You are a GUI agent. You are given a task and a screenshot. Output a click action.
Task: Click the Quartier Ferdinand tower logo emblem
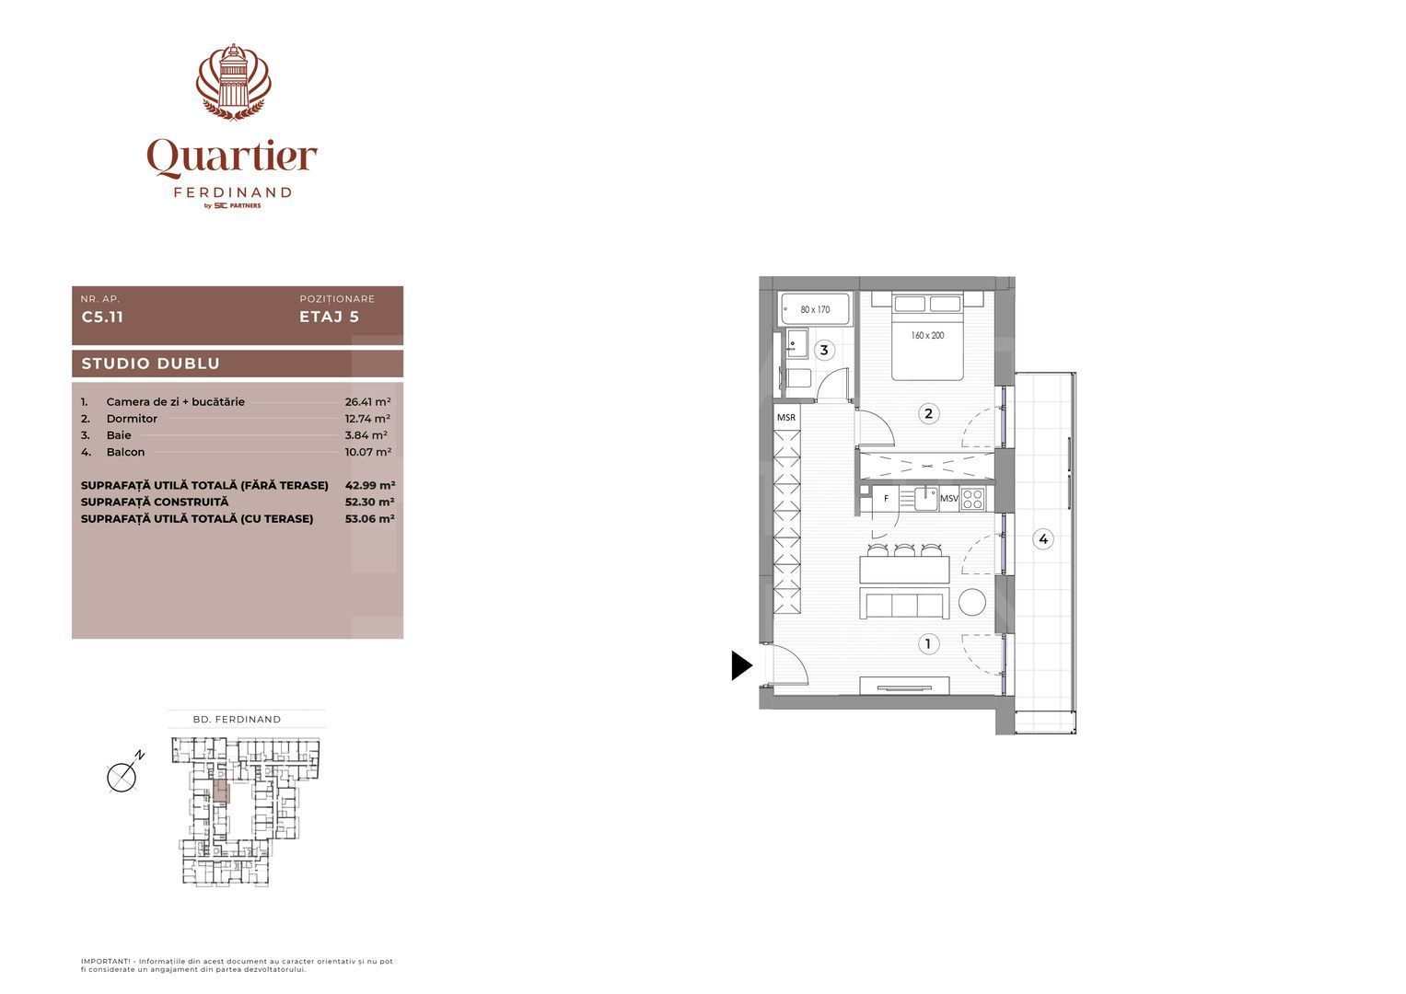233,82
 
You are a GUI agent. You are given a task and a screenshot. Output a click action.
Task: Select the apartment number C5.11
102,318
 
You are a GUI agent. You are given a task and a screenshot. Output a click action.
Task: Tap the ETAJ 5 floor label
329,318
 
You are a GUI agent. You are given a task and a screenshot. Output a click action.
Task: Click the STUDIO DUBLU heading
151,364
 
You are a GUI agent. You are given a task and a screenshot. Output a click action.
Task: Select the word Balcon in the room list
125,452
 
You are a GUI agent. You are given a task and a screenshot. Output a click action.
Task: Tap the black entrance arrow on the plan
741,665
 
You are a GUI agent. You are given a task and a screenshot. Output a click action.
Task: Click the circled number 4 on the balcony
1042,539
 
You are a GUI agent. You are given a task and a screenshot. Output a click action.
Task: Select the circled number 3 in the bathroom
824,350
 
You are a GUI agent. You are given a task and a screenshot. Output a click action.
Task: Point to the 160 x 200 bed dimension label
927,336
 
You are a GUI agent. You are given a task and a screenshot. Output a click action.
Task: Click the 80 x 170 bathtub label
815,309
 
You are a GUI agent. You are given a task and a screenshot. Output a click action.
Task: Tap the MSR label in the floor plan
786,417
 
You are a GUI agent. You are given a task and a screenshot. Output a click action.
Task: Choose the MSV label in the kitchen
948,499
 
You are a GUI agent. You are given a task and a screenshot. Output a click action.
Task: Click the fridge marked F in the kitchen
886,499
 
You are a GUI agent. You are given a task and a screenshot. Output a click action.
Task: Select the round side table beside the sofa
971,602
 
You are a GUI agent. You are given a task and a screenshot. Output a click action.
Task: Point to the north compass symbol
122,777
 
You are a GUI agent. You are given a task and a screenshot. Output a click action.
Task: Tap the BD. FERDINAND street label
238,720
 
